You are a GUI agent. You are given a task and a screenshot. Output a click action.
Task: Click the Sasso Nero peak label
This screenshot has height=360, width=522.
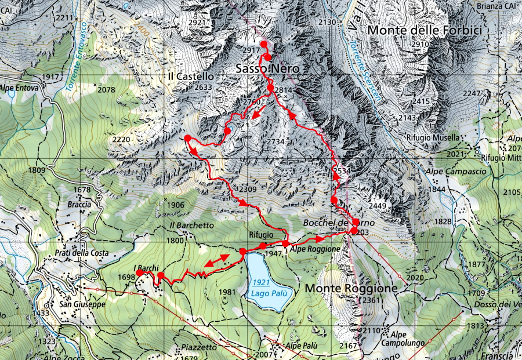[x=267, y=69]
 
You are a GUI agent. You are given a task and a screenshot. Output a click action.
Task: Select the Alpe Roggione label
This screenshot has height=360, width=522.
[x=315, y=249]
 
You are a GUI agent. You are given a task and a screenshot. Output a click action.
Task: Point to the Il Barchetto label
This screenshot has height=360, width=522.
[x=192, y=225]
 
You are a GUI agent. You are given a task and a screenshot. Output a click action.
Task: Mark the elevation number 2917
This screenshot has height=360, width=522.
[x=251, y=51]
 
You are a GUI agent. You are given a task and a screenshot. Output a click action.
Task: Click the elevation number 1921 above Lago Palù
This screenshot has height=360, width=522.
[x=262, y=282]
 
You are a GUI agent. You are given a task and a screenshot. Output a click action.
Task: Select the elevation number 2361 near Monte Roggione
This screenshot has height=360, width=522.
[x=368, y=300]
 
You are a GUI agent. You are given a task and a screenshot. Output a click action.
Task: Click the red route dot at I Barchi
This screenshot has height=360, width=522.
[x=139, y=273]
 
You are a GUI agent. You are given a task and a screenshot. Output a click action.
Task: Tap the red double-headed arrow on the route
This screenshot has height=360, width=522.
[x=216, y=261]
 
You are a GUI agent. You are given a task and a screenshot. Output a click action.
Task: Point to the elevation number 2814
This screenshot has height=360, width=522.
[x=284, y=90]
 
